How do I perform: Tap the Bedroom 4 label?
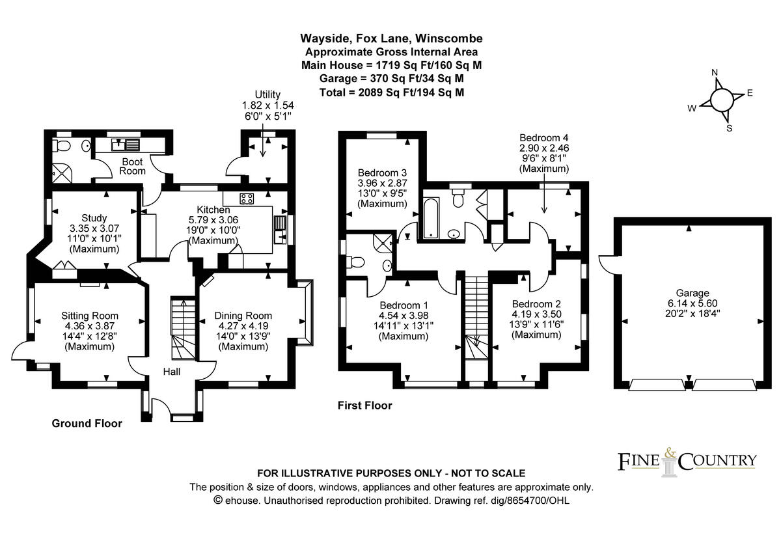544,138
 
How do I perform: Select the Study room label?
94,217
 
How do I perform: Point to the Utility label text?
266,95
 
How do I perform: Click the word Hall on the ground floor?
172,372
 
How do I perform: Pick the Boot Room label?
132,166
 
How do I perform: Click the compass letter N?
714,72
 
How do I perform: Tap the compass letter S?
729,128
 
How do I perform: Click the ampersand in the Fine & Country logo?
670,452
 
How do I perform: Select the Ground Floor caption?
87,424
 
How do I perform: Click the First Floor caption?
364,406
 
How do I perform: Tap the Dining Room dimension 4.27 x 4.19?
243,327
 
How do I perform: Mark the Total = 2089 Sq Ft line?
391,92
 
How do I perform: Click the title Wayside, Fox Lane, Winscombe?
391,38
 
